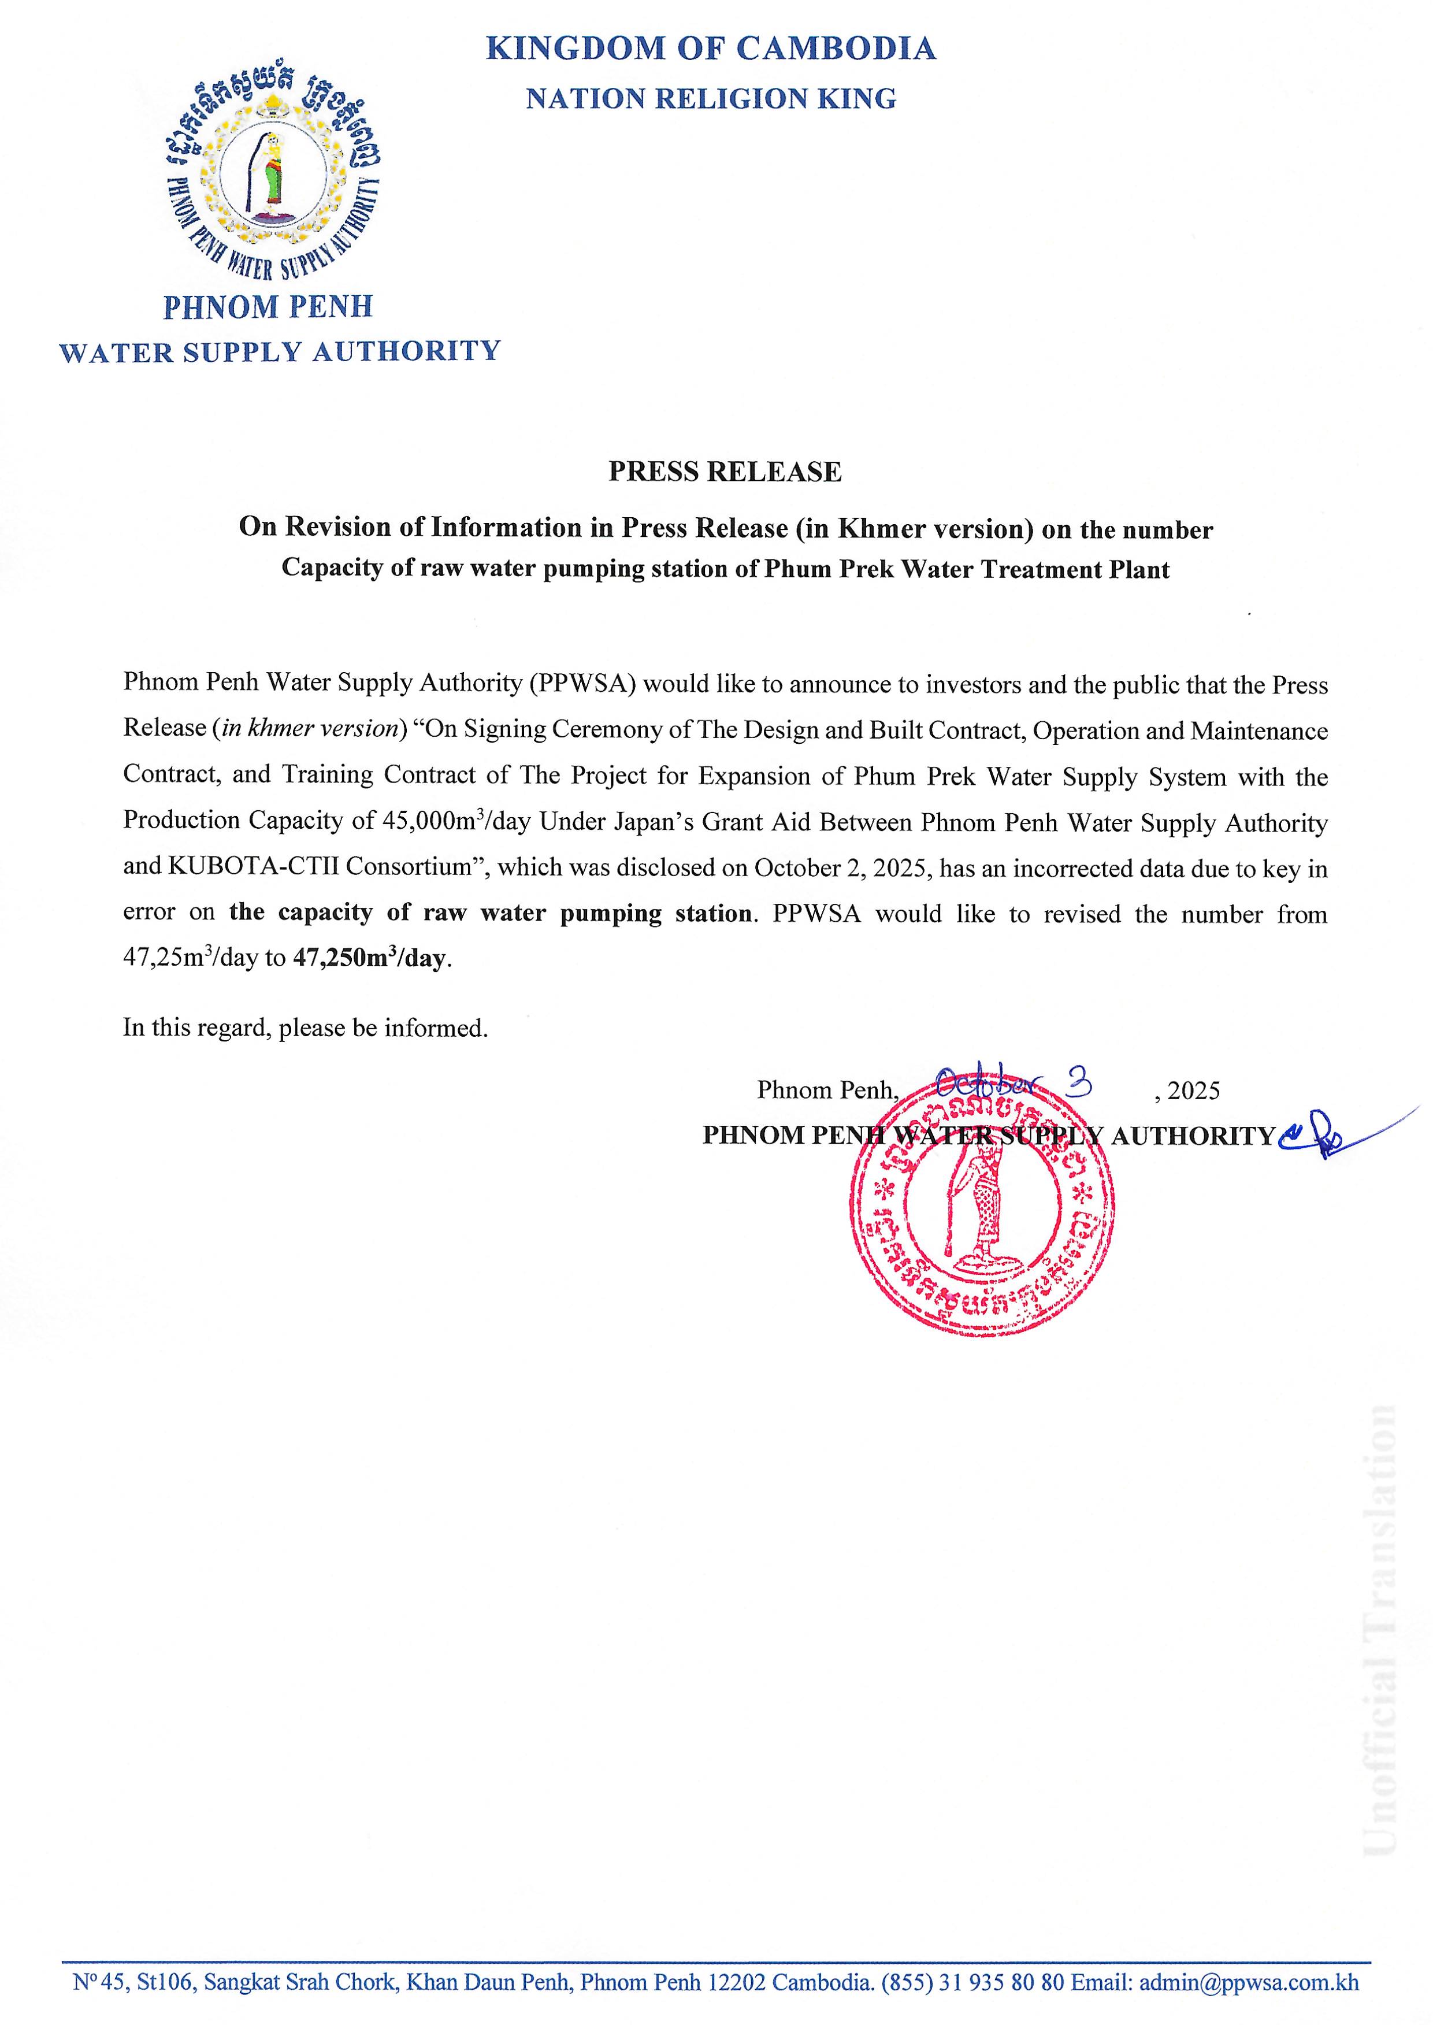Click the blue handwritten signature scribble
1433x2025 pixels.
[1324, 1134]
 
